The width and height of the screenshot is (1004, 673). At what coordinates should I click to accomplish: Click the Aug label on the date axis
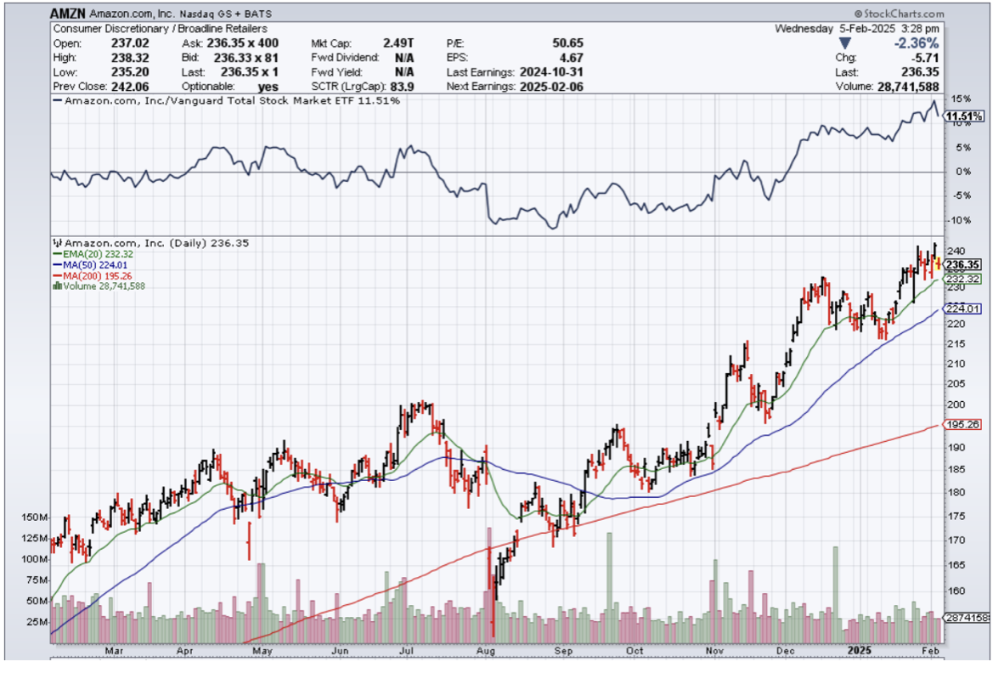coord(487,652)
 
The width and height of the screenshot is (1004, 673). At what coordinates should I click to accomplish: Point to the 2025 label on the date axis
coord(859,652)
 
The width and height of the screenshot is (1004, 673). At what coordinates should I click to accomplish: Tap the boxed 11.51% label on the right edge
coord(965,116)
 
